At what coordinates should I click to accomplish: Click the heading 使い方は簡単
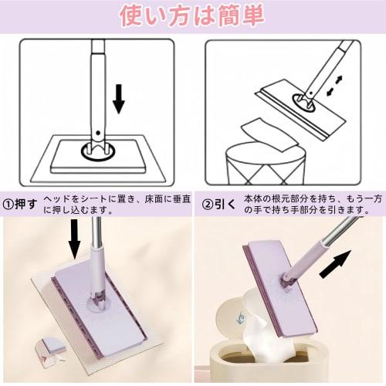coord(193,15)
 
